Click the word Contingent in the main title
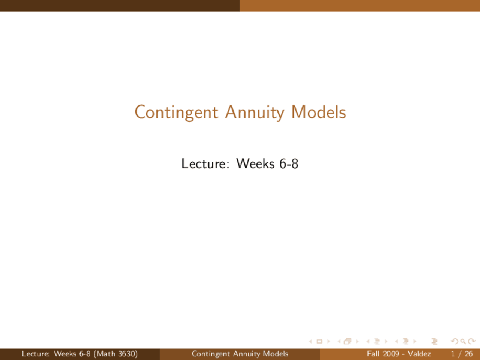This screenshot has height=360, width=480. (x=176, y=112)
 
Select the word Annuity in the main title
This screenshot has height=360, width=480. (x=255, y=112)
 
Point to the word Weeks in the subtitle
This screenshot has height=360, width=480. (x=255, y=163)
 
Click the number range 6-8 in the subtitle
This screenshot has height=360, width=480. (x=289, y=163)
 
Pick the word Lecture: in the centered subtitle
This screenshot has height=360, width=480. (x=205, y=163)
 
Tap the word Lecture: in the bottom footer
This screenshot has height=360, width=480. (x=36, y=354)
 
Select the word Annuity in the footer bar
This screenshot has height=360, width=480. (x=247, y=354)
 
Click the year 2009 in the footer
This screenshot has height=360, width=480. (x=391, y=354)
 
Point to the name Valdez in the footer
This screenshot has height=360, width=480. (x=419, y=354)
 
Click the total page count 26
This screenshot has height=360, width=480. (x=469, y=354)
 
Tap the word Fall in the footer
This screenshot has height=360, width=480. (x=373, y=354)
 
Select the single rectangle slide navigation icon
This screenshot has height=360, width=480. (x=319, y=341)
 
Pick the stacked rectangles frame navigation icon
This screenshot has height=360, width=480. (x=348, y=341)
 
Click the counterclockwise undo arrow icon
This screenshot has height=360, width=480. (x=454, y=341)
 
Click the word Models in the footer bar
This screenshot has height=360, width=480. (x=276, y=354)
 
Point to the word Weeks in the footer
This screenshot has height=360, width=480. (x=65, y=354)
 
